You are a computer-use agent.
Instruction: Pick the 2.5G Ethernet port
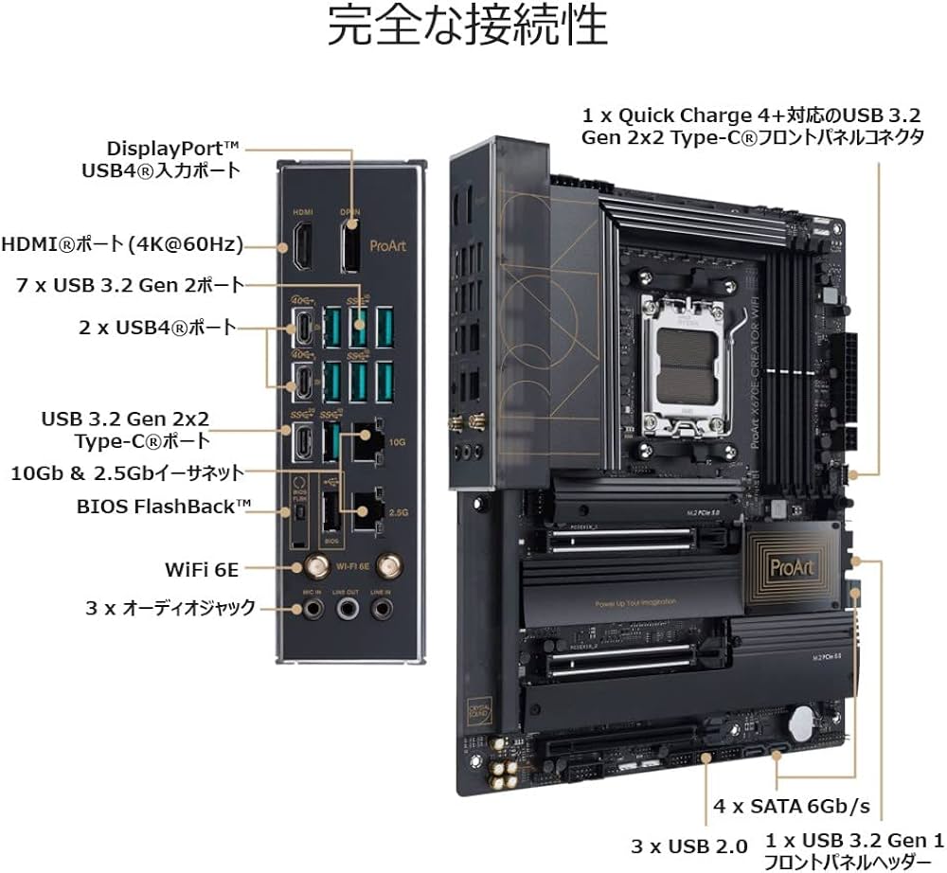366,512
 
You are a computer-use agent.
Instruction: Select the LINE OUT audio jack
348,609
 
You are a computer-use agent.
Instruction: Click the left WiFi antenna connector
310,567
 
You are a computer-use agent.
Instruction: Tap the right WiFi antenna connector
386,567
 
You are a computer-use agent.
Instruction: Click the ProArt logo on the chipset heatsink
789,567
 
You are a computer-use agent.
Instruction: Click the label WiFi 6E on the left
201,569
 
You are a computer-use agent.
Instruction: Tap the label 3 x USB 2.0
688,846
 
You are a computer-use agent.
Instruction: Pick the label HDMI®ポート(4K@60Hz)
122,244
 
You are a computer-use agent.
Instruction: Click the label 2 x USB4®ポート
157,329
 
